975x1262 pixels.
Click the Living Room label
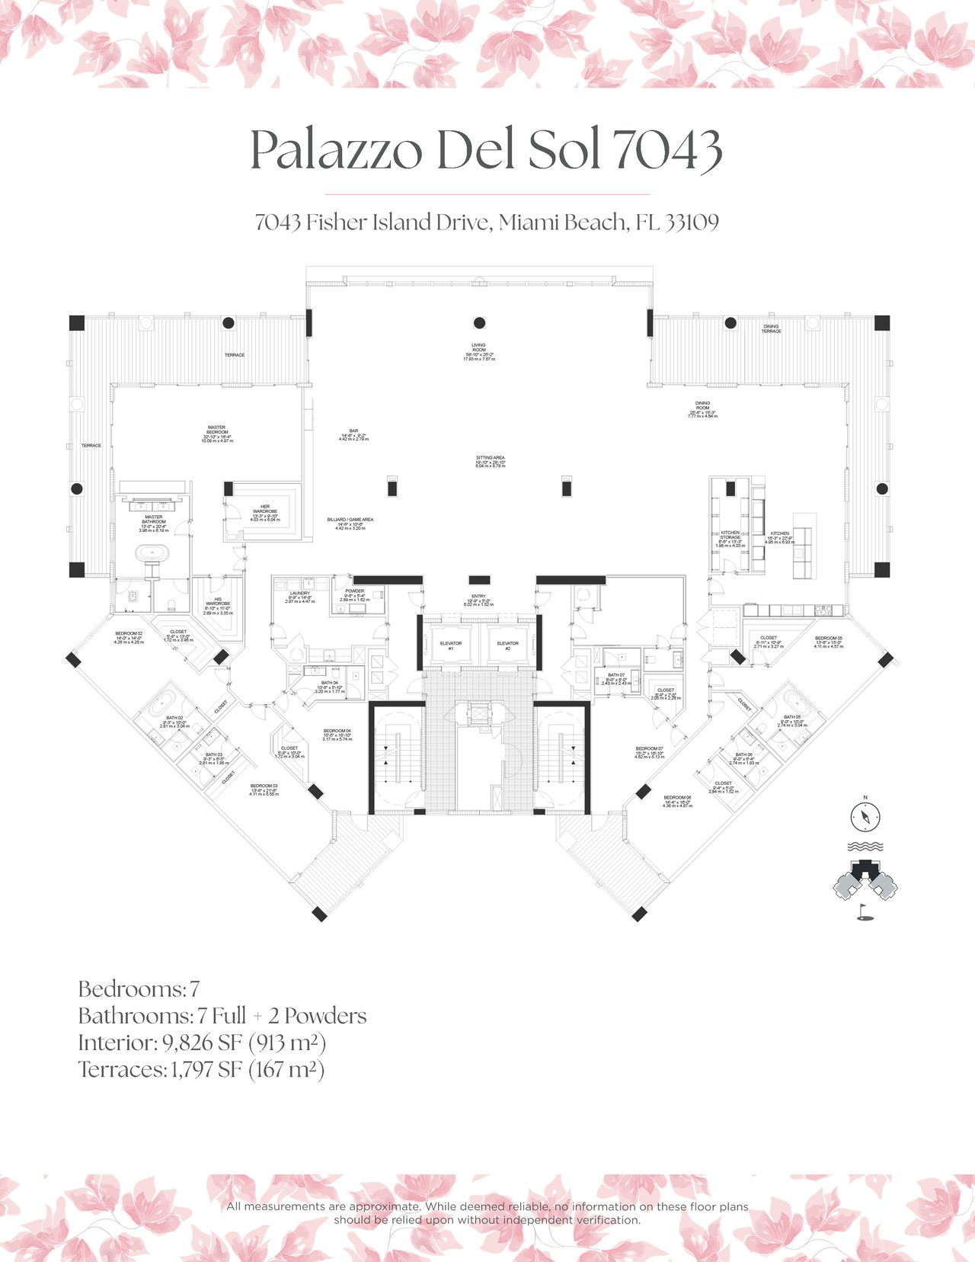click(x=478, y=351)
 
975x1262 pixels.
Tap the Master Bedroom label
click(x=216, y=434)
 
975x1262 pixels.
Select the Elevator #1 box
click(x=451, y=645)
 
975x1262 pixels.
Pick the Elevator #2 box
click(x=508, y=645)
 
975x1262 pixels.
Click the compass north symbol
click(x=865, y=816)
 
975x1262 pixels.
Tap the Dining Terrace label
click(x=771, y=328)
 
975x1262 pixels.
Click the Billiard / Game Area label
click(x=350, y=523)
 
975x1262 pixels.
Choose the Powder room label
click(x=354, y=594)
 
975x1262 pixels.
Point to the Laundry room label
click(x=300, y=597)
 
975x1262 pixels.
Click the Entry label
click(x=478, y=600)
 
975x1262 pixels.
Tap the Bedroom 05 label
click(x=828, y=642)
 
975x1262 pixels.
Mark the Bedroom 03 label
click(x=264, y=790)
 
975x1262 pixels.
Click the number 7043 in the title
click(x=667, y=150)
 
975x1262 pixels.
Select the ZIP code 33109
click(x=692, y=223)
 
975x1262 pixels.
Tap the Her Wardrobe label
click(x=265, y=511)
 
